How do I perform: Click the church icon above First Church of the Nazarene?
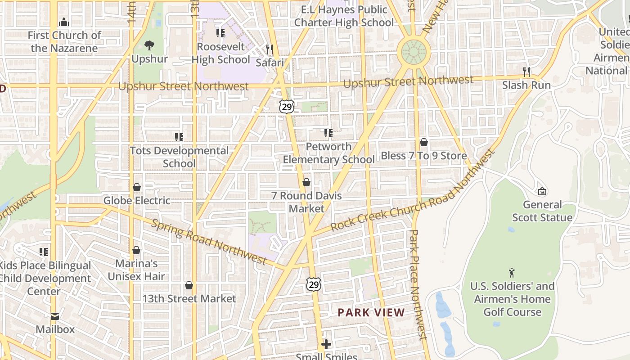pyautogui.click(x=64, y=22)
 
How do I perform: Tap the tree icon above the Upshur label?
pyautogui.click(x=149, y=45)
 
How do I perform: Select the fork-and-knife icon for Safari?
pyautogui.click(x=269, y=49)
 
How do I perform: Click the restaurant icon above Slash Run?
pyautogui.click(x=526, y=72)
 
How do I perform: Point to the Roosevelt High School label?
pyautogui.click(x=220, y=53)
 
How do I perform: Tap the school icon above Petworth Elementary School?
pyautogui.click(x=328, y=133)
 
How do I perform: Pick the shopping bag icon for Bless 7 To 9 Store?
pyautogui.click(x=423, y=143)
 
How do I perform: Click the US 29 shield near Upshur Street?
pyautogui.click(x=287, y=107)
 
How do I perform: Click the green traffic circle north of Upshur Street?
pyautogui.click(x=414, y=52)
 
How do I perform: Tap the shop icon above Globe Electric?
pyautogui.click(x=137, y=187)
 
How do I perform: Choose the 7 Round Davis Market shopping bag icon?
pyautogui.click(x=306, y=182)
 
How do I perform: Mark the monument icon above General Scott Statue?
pyautogui.click(x=542, y=191)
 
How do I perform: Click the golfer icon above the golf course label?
pyautogui.click(x=512, y=273)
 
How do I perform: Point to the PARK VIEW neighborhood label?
pyautogui.click(x=371, y=312)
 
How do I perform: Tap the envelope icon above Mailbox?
pyautogui.click(x=55, y=316)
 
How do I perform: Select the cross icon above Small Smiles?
pyautogui.click(x=326, y=345)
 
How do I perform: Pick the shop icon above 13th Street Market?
pyautogui.click(x=189, y=285)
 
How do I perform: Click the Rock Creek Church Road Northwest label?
pyautogui.click(x=413, y=190)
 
